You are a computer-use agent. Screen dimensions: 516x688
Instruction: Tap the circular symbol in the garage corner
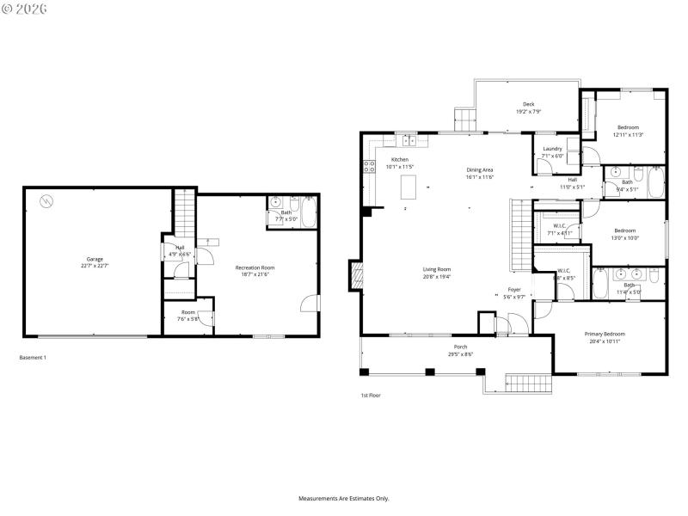tap(46, 202)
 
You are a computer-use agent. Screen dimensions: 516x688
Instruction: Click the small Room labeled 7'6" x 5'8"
tap(188, 316)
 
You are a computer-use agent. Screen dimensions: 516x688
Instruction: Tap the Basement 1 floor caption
tap(33, 357)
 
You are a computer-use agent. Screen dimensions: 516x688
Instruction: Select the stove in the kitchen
tap(370, 166)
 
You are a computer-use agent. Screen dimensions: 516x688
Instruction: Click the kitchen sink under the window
tap(407, 139)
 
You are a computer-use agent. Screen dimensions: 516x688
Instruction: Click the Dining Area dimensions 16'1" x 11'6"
tap(480, 177)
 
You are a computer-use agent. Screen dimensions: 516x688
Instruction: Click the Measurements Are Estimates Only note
tap(344, 499)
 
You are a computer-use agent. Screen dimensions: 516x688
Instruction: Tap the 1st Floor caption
tap(371, 396)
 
